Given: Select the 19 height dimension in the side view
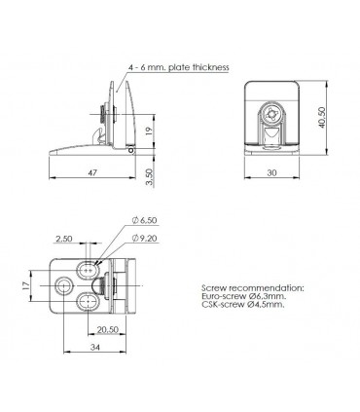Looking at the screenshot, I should [x=148, y=131].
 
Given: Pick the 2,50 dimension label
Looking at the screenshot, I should [x=65, y=238].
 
